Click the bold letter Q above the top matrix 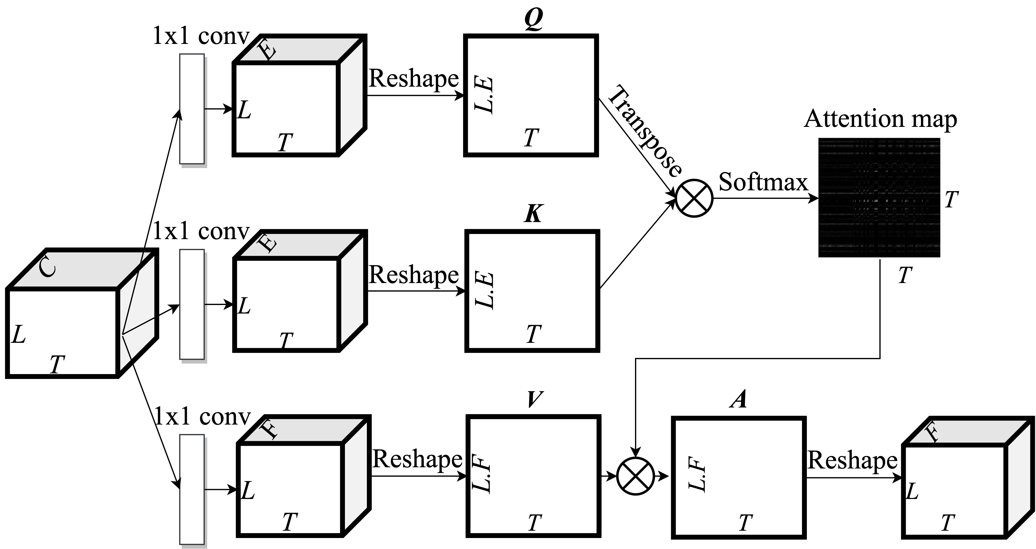pos(534,19)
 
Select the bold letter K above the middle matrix pos(533,214)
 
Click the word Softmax pos(763,182)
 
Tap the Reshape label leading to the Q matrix pos(413,79)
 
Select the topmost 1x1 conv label pos(201,37)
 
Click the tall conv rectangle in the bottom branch pos(192,489)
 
